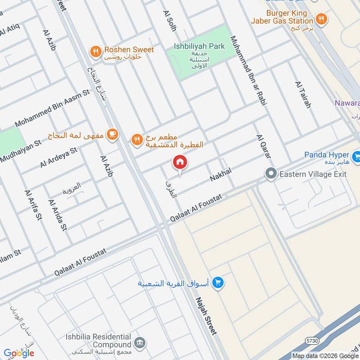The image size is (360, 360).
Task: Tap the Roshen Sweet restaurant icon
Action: pyautogui.click(x=95, y=51)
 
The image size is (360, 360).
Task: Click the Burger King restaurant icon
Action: pyautogui.click(x=321, y=19)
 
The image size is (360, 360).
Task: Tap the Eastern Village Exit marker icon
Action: pyautogui.click(x=271, y=173)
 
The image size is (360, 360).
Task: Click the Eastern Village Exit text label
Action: pyautogui.click(x=313, y=174)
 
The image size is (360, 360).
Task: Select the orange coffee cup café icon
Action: pyautogui.click(x=112, y=134)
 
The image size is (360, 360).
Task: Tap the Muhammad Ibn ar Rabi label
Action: pyautogui.click(x=248, y=71)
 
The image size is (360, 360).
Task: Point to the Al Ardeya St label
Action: pyautogui.click(x=58, y=157)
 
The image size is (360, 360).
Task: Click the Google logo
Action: pyautogui.click(x=19, y=353)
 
